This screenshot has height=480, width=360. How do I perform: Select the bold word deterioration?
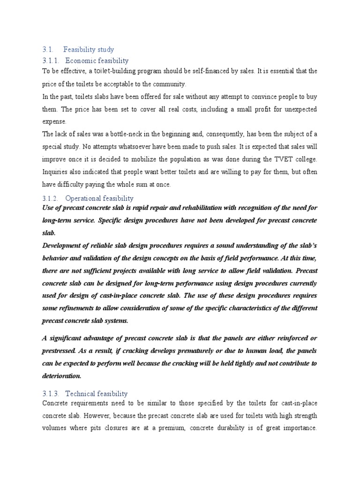(x=62, y=375)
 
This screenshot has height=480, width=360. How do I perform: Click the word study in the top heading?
(x=105, y=49)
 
